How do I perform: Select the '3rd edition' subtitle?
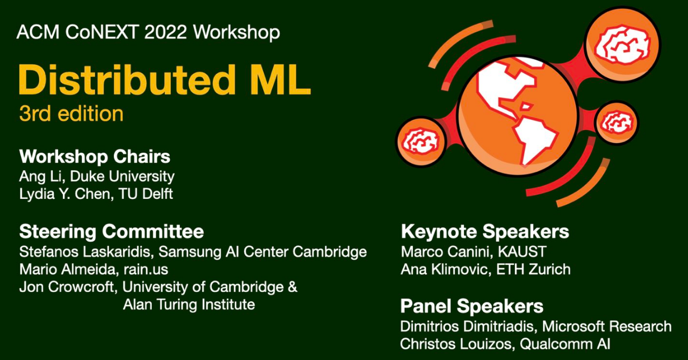(x=71, y=114)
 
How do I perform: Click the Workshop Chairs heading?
(x=95, y=156)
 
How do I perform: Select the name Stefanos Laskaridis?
(x=85, y=252)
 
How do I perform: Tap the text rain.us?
(x=146, y=270)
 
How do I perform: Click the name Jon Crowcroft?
(x=66, y=287)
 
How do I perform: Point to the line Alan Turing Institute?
(x=189, y=305)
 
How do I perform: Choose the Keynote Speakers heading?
(x=485, y=232)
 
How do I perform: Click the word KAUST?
(x=522, y=252)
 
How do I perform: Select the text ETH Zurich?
(x=533, y=269)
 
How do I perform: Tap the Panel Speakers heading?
(x=472, y=307)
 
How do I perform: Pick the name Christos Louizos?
(x=457, y=344)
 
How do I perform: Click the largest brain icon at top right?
(x=622, y=46)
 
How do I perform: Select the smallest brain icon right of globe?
(x=617, y=123)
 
